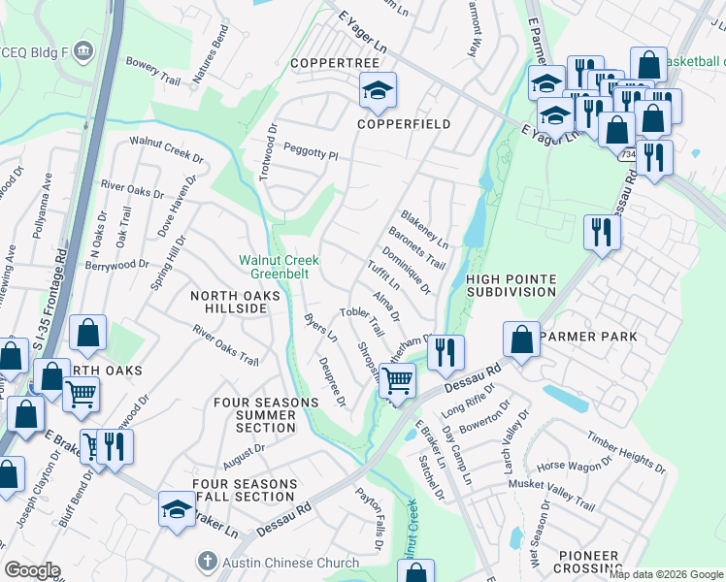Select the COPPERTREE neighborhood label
335,63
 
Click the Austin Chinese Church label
278,562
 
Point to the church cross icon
206,561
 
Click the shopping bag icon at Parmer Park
522,339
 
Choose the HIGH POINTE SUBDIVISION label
511,285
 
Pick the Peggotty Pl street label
311,152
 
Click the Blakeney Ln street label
423,229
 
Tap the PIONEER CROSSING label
589,562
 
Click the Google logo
32,570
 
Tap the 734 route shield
629,154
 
